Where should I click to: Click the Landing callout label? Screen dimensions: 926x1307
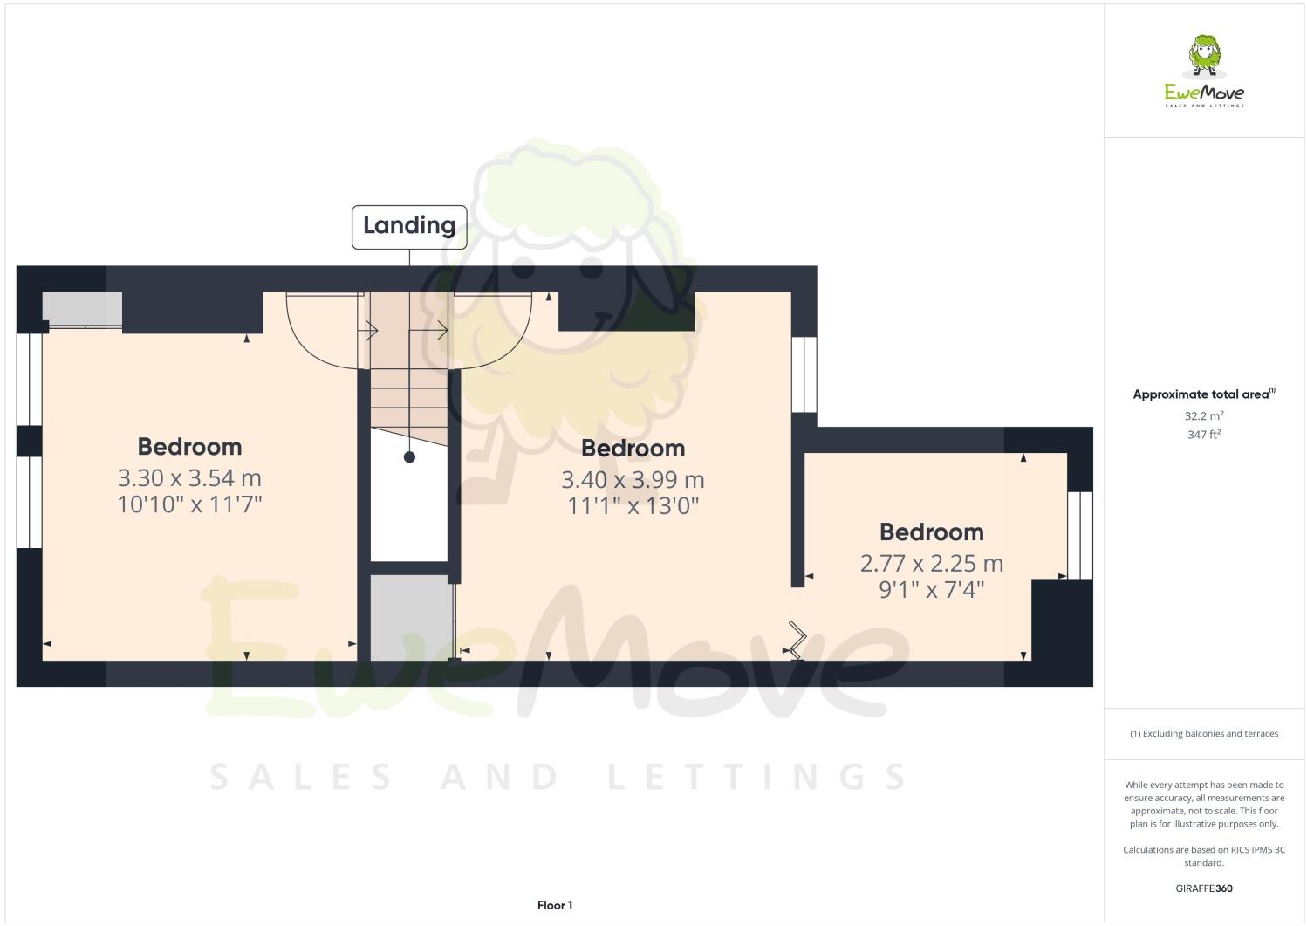pos(409,226)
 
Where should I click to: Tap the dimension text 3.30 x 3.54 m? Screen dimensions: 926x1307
pos(189,478)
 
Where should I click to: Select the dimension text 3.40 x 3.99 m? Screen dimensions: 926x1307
pos(633,480)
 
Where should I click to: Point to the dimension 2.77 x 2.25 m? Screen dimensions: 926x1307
pos(931,564)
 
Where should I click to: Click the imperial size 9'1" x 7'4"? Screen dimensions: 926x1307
pos(931,590)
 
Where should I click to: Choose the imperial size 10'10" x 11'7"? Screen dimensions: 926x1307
pos(189,504)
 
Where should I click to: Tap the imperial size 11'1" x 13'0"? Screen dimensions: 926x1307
pos(633,506)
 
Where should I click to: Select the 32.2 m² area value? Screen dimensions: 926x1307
pos(1204,416)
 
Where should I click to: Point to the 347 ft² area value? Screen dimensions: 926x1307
pos(1204,435)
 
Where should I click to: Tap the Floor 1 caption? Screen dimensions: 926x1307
pos(555,906)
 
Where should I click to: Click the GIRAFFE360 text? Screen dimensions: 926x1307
pos(1204,889)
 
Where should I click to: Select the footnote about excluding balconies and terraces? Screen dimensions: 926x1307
pos(1204,734)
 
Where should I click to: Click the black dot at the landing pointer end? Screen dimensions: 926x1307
pos(409,457)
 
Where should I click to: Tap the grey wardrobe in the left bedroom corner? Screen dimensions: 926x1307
pos(82,309)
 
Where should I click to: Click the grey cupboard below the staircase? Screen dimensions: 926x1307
pos(409,616)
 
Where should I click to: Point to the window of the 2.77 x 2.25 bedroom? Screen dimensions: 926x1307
pos(1079,535)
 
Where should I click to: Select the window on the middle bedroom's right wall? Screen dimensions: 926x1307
pos(804,374)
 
